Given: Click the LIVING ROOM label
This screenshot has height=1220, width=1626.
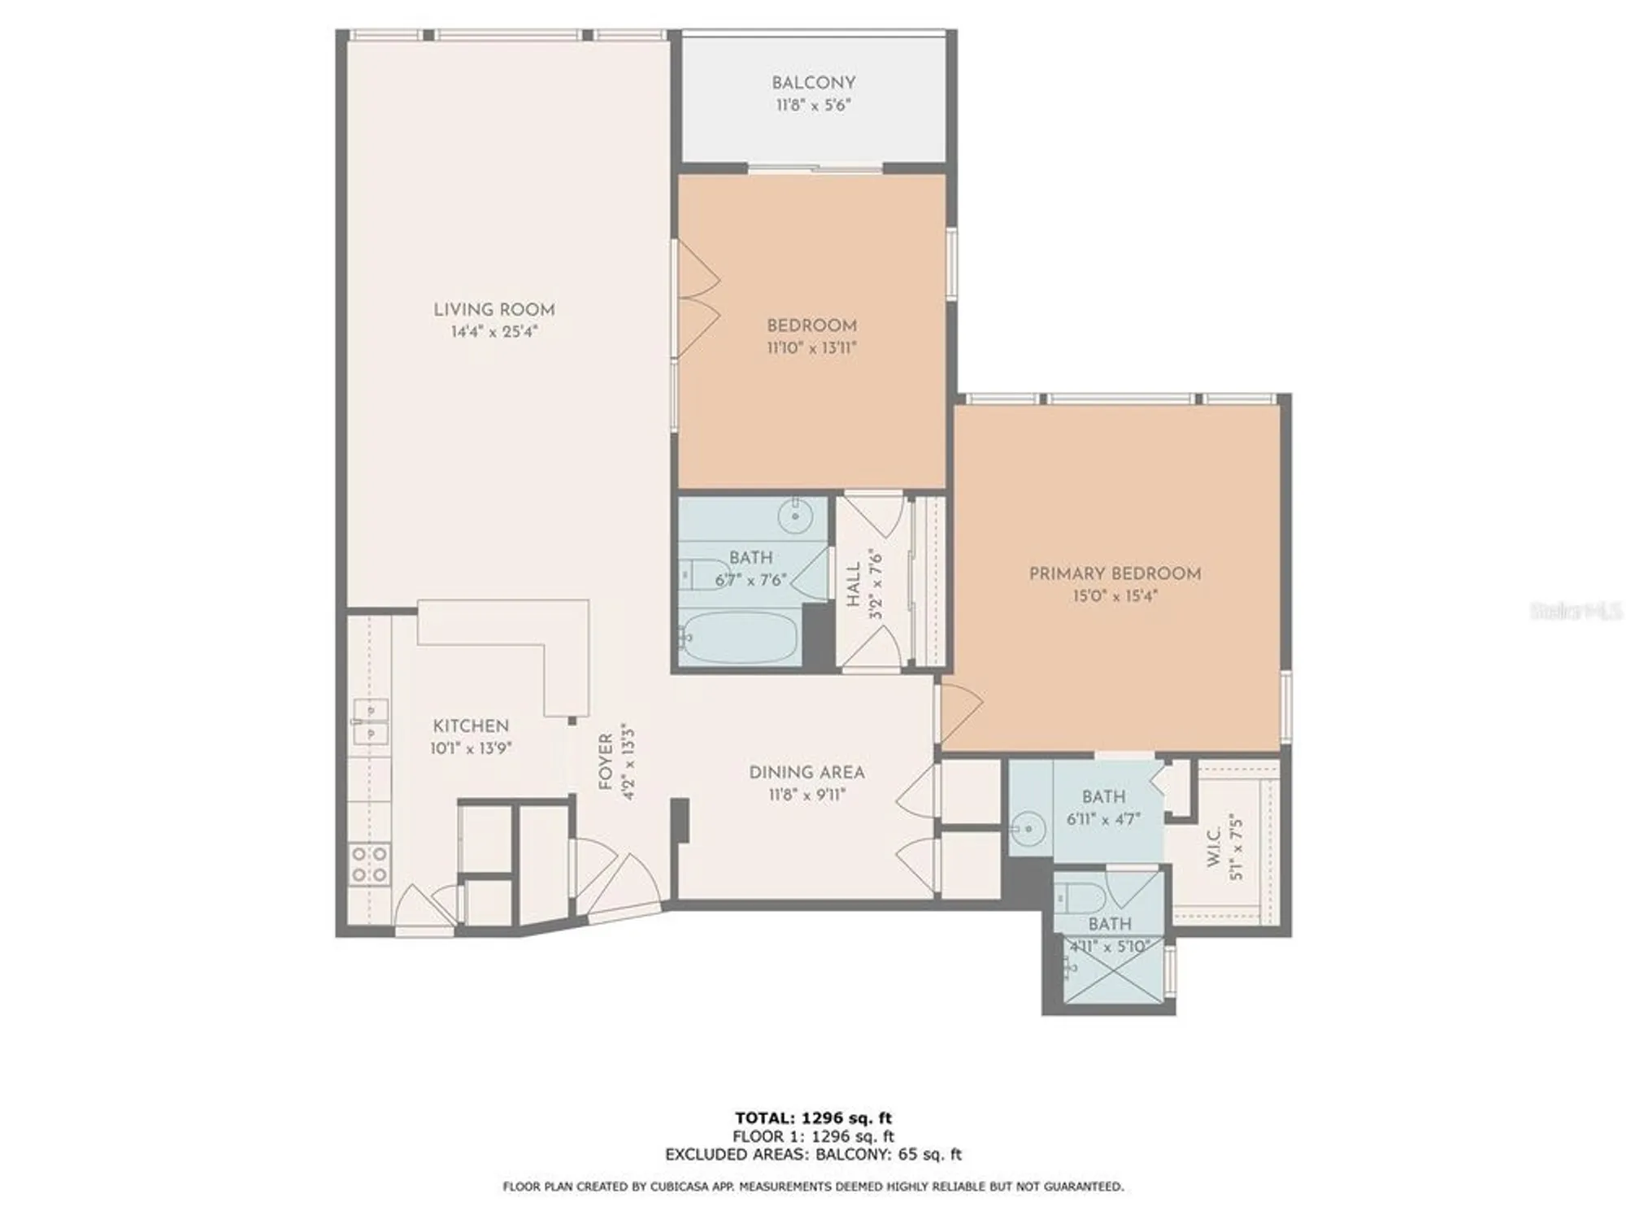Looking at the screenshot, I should tap(493, 310).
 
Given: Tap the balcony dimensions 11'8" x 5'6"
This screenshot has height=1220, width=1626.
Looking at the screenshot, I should tap(813, 105).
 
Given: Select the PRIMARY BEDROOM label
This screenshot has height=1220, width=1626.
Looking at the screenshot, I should tap(1115, 573).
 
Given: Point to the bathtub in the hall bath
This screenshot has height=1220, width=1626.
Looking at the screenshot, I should tap(740, 637).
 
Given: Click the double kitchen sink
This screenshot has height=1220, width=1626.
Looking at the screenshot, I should tap(369, 721).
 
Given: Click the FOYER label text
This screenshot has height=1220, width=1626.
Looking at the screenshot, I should tap(606, 761).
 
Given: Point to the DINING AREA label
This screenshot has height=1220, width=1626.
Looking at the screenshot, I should tap(806, 773).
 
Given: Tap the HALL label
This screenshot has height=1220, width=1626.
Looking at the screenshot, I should tap(854, 584).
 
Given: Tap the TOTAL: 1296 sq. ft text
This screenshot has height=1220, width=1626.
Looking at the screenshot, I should tap(813, 1118).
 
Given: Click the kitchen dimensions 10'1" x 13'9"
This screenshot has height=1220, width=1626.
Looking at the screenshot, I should tap(471, 748).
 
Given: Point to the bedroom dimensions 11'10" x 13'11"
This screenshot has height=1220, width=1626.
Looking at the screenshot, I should tap(811, 348).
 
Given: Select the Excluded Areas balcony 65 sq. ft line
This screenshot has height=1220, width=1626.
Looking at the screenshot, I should tap(813, 1154).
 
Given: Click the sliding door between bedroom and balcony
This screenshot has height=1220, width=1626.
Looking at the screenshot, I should tap(815, 169).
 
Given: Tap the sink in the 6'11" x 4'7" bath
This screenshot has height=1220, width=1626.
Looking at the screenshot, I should tap(1028, 830).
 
